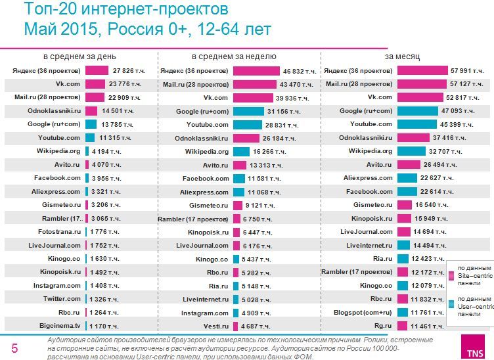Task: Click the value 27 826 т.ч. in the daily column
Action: tap(127, 70)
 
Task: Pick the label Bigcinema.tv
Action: tap(59, 326)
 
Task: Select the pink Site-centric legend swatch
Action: tap(451, 277)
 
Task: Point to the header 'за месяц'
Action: tap(403, 57)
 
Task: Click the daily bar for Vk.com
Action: tap(95, 84)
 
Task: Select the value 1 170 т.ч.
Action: tap(105, 326)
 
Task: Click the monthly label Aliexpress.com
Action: tap(368, 178)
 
